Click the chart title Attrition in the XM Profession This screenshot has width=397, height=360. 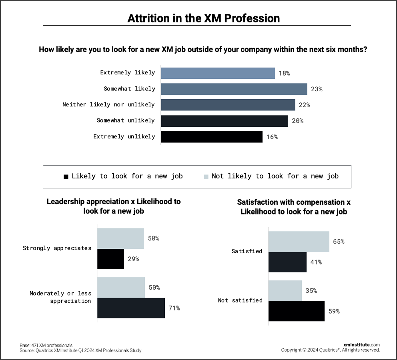(203, 18)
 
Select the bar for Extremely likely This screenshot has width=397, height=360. (218, 73)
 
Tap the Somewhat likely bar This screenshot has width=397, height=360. (234, 89)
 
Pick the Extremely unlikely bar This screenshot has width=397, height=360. (211, 137)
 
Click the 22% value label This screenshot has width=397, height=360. (304, 105)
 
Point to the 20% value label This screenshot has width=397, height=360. (297, 121)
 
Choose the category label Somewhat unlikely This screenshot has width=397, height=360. (126, 120)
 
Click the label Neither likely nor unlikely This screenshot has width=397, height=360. (108, 104)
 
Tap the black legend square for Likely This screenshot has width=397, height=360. (66, 176)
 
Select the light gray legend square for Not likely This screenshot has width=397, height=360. (206, 176)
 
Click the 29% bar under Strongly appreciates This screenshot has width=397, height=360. (110, 259)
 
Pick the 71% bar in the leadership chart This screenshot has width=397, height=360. (131, 308)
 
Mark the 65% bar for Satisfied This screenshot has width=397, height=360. (299, 242)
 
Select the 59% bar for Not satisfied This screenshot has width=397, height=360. (296, 311)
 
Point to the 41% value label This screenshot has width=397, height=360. (316, 262)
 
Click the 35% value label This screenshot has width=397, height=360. (311, 291)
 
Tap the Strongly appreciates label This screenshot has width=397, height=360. (57, 248)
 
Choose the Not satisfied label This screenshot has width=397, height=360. (240, 300)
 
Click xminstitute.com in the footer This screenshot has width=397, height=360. (361, 345)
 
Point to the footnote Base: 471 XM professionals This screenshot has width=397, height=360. (46, 345)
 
